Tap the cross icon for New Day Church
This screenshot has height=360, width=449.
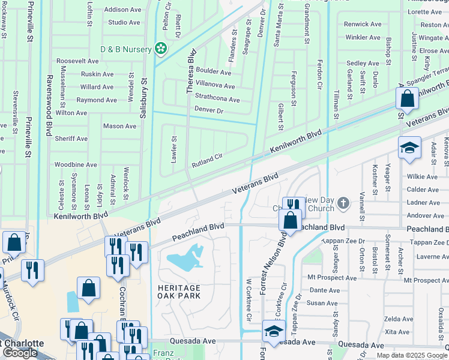pyautogui.click(x=343, y=203)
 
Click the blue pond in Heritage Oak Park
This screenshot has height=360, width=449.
pyautogui.click(x=188, y=259)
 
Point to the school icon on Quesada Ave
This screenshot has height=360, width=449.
pyautogui.click(x=273, y=331)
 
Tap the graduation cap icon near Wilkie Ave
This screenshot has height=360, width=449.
pyautogui.click(x=409, y=148)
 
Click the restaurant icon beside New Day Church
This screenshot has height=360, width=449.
pyautogui.click(x=293, y=206)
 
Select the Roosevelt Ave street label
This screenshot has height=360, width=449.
pyautogui.click(x=77, y=61)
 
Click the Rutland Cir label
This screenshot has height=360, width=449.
pyautogui.click(x=207, y=160)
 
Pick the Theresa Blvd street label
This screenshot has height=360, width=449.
pyautogui.click(x=190, y=70)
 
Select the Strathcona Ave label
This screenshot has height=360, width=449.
pyautogui.click(x=217, y=100)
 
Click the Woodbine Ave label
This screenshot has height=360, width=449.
pyautogui.click(x=76, y=164)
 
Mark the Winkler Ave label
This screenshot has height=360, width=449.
pyautogui.click(x=363, y=37)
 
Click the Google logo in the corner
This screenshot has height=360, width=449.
pyautogui.click(x=20, y=353)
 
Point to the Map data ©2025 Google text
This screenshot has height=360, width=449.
pyautogui.click(x=411, y=355)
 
